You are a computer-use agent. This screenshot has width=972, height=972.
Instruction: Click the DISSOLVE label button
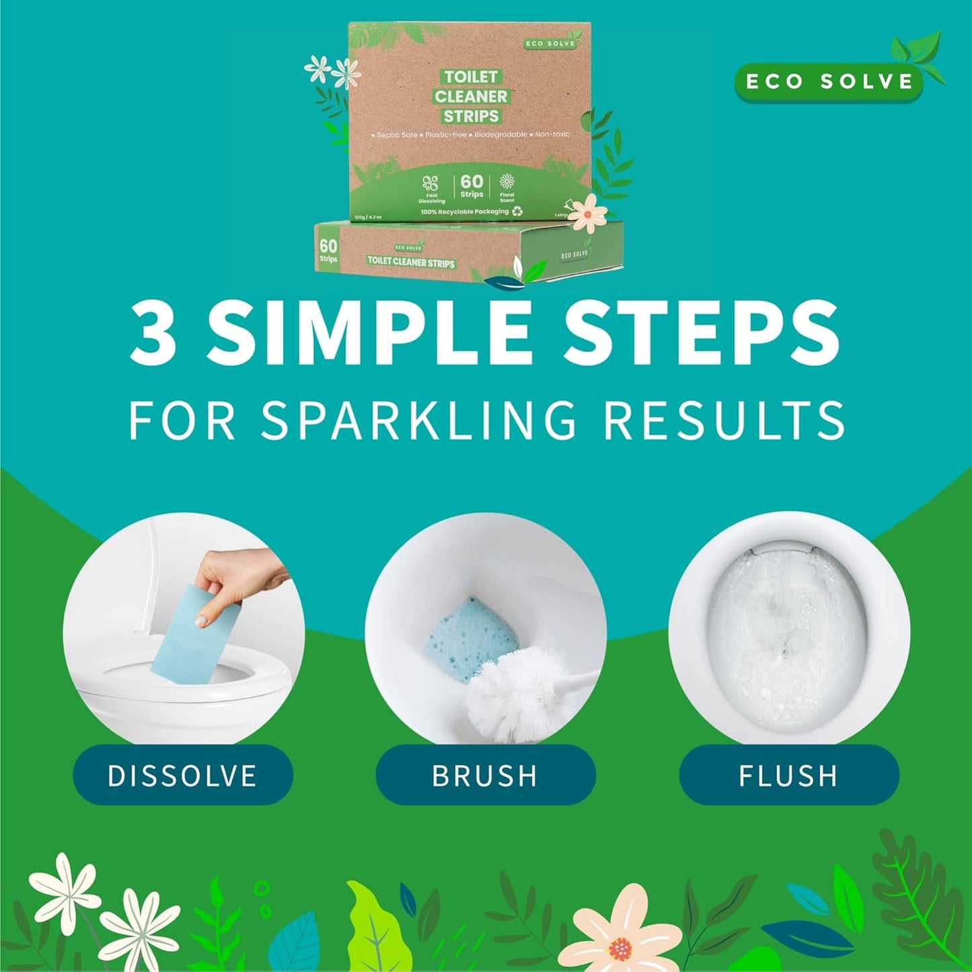point(182,775)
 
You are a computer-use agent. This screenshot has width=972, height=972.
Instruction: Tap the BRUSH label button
point(485,775)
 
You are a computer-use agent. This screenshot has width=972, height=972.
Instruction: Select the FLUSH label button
point(788,775)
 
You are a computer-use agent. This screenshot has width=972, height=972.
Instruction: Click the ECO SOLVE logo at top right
point(829,81)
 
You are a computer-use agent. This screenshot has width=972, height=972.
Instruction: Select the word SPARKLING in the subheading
point(418,420)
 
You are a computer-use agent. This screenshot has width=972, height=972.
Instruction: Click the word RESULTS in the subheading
point(724,420)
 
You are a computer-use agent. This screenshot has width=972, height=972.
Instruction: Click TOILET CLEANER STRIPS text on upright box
point(471,96)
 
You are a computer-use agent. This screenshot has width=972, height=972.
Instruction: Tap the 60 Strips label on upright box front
point(472,186)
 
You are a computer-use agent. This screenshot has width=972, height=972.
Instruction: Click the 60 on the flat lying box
point(328,246)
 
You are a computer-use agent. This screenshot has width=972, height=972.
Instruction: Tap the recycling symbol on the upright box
point(517,211)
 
